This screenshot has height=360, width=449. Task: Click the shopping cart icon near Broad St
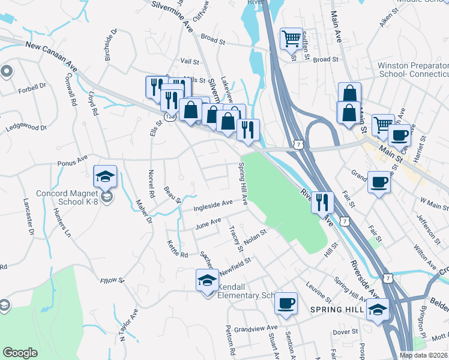[291, 39]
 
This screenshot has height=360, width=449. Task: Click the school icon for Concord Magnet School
[105, 176]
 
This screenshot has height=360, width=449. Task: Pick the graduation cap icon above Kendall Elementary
[207, 280]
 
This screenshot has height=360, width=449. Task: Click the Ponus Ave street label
[72, 160]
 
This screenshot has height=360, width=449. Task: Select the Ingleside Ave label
[213, 206]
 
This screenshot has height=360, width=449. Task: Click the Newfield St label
[234, 262]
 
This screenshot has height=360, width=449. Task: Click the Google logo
[20, 352]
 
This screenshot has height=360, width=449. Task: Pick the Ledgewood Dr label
[25, 128]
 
